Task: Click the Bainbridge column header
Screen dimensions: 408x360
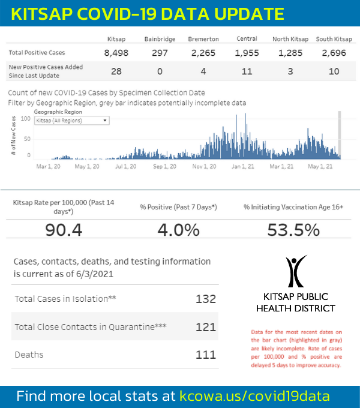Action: (x=160, y=39)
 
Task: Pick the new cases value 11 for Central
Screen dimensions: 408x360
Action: (x=246, y=71)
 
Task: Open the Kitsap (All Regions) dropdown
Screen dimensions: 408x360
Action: (x=71, y=120)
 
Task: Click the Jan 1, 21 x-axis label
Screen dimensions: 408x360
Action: (x=243, y=166)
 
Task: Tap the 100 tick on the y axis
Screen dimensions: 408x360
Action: (x=25, y=119)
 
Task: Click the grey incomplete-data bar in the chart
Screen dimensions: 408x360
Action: (x=340, y=135)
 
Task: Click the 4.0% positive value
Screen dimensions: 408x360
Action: (x=178, y=230)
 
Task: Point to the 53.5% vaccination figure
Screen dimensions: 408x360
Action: (x=294, y=230)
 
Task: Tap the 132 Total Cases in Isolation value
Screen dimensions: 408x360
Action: (x=205, y=299)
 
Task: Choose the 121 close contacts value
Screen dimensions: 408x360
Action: (x=205, y=327)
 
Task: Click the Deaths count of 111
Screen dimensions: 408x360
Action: (x=205, y=355)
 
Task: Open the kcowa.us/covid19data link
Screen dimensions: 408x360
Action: (x=254, y=396)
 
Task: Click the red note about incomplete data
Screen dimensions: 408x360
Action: (x=296, y=348)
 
